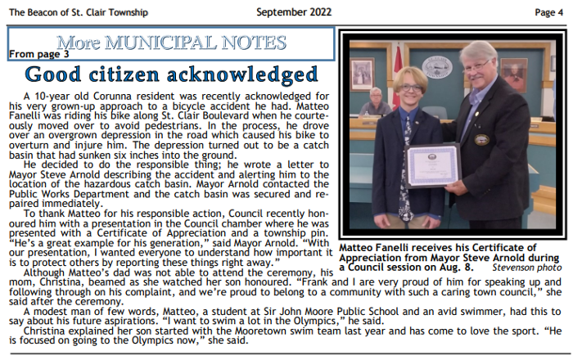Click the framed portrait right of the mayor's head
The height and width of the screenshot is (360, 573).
[x=513, y=74]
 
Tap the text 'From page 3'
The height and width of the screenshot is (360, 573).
[x=39, y=54]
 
